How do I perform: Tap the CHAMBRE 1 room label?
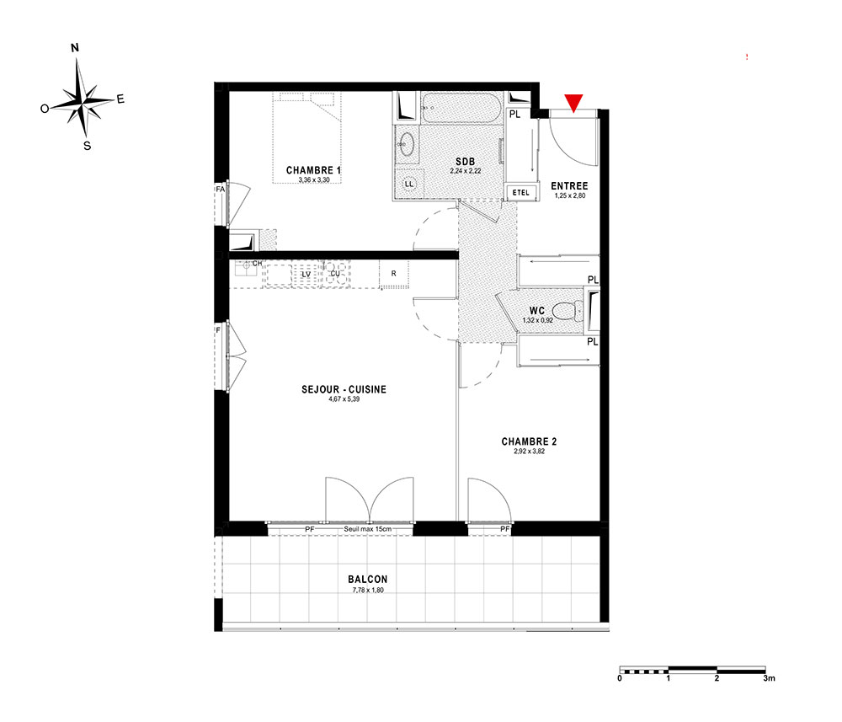313,170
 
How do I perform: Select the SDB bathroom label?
465,162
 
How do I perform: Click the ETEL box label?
521,192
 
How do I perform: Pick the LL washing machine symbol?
409,184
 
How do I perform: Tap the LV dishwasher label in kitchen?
306,274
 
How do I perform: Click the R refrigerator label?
393,274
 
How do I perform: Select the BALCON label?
368,579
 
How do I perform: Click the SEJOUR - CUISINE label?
344,389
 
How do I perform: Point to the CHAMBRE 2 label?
529,441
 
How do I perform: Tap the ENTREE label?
570,186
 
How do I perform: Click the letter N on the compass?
75,48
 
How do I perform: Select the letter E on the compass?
120,99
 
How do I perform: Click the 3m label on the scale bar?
769,678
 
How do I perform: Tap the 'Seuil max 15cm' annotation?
368,529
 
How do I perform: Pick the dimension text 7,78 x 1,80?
368,590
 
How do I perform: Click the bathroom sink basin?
407,144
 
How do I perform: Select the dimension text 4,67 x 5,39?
344,399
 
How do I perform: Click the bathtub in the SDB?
461,109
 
